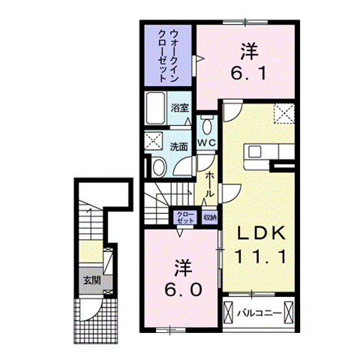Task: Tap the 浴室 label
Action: click(179, 108)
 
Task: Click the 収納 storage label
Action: click(209, 218)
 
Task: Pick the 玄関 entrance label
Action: click(91, 281)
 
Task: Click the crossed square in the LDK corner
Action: click(284, 112)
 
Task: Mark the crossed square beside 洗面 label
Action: click(155, 139)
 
